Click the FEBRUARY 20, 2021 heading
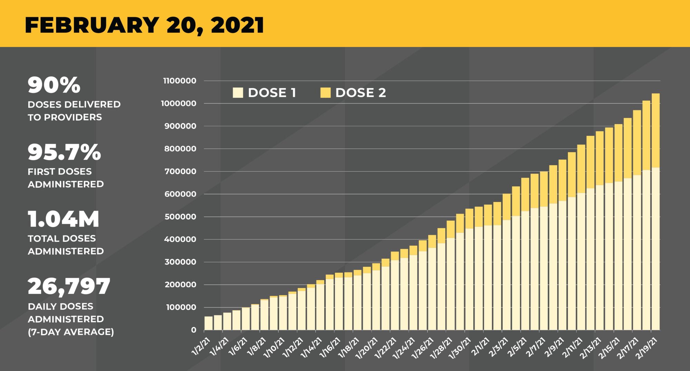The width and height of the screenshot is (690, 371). (x=144, y=25)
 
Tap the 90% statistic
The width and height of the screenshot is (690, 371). (x=54, y=85)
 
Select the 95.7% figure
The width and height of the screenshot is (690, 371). (x=65, y=152)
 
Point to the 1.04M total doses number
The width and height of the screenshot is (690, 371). (x=63, y=219)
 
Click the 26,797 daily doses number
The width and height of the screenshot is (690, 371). (x=69, y=286)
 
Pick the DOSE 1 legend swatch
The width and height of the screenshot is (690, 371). (x=238, y=93)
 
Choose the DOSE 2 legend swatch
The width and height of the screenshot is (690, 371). (x=325, y=93)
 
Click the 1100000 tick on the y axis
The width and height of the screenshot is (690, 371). (x=179, y=81)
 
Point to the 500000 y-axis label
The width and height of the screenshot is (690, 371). (x=180, y=217)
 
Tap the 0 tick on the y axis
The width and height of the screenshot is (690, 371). (x=194, y=330)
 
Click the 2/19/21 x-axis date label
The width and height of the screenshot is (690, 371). (x=647, y=348)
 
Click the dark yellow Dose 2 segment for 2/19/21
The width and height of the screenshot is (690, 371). (x=655, y=130)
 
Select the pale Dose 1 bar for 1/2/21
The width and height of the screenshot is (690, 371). (x=208, y=323)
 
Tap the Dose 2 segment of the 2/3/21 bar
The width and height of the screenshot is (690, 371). (x=507, y=207)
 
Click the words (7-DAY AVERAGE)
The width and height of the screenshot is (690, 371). (x=71, y=332)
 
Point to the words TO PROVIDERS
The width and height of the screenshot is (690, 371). (x=65, y=117)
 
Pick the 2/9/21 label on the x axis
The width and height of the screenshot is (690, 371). (x=554, y=347)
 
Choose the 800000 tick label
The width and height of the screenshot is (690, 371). (x=180, y=149)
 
